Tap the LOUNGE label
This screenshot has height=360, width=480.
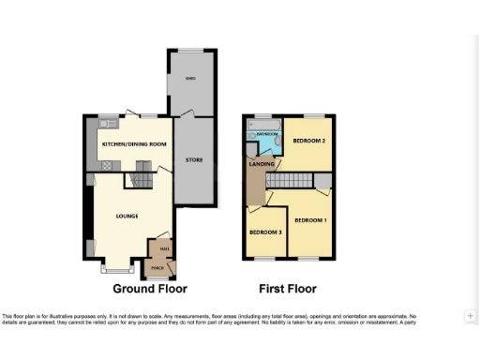(127, 216)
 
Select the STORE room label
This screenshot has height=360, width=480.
(194, 160)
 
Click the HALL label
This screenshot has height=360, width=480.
(163, 248)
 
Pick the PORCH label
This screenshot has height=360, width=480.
(155, 269)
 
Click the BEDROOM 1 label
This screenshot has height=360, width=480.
(309, 219)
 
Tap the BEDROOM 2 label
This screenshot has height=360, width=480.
(308, 142)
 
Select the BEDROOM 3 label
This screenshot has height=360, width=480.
(264, 232)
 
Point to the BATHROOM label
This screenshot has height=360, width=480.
(268, 135)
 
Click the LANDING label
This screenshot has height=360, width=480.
(261, 164)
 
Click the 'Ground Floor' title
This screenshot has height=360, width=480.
(150, 289)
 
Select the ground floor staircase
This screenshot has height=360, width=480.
(142, 173)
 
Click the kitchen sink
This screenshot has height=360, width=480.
(108, 123)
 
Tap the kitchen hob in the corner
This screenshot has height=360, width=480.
(106, 165)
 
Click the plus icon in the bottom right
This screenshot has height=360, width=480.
(471, 316)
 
